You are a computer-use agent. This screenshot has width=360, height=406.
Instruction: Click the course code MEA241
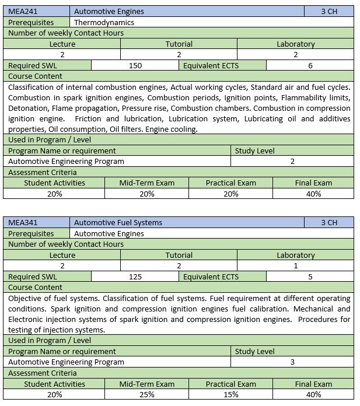[x=21, y=11]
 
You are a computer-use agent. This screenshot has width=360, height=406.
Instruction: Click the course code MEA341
[x=21, y=222]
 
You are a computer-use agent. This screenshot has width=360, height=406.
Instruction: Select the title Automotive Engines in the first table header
[x=109, y=11]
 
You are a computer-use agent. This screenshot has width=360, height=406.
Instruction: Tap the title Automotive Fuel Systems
[x=118, y=222]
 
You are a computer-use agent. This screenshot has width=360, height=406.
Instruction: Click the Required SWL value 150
[x=135, y=65]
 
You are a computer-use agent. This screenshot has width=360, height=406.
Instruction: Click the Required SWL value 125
[x=135, y=277]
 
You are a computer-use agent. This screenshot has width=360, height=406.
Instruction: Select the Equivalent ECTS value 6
[x=310, y=65]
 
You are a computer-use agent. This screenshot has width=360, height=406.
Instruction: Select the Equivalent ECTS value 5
[x=310, y=277]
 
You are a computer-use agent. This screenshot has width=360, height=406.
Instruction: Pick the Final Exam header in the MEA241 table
[x=314, y=183]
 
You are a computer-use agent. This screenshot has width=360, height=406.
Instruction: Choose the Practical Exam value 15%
[x=230, y=394]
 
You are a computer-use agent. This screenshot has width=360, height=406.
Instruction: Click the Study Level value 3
[x=292, y=362]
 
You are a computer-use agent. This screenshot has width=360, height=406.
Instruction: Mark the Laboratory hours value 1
[x=296, y=265]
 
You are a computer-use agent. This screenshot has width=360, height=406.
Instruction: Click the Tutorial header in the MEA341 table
[x=179, y=255]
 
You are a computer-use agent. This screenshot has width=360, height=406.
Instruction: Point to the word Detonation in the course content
[x=27, y=108]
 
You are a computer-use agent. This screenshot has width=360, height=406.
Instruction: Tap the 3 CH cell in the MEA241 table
[x=329, y=11]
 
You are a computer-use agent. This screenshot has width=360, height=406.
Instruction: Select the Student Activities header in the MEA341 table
[x=54, y=384]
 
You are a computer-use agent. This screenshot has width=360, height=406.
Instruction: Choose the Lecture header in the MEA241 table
[x=62, y=44]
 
